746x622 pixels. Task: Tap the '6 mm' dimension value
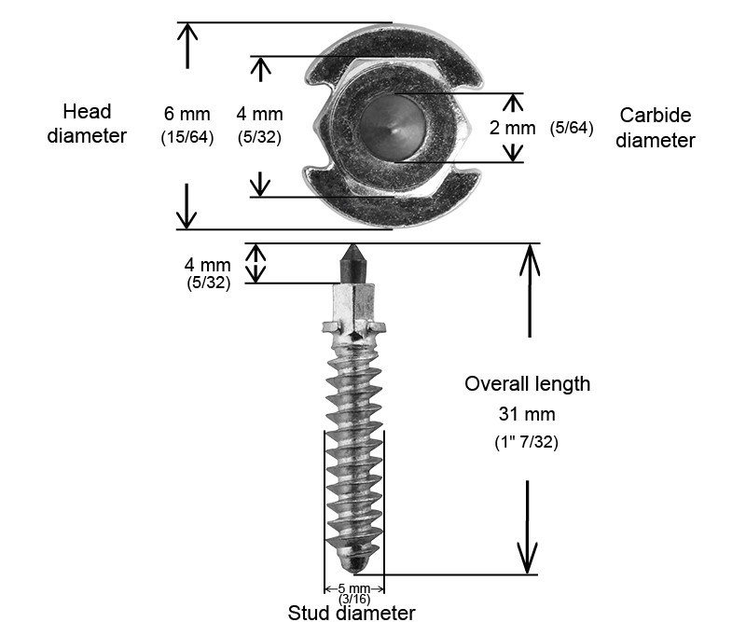187,115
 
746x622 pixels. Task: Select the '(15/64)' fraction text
187,137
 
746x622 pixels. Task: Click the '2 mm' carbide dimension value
512,129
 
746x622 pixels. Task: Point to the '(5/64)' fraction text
572,128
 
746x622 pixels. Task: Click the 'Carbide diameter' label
656,128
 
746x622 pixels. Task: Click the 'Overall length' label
527,383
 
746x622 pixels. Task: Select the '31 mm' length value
527,413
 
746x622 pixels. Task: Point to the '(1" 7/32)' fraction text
527,442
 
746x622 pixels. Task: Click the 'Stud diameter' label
352,613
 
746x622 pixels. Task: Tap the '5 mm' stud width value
353,588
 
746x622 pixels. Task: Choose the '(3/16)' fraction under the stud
353,599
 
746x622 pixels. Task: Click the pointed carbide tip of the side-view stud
353,254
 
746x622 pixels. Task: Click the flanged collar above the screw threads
353,328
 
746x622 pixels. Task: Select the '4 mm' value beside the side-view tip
208,266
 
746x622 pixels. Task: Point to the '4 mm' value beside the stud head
259,115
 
